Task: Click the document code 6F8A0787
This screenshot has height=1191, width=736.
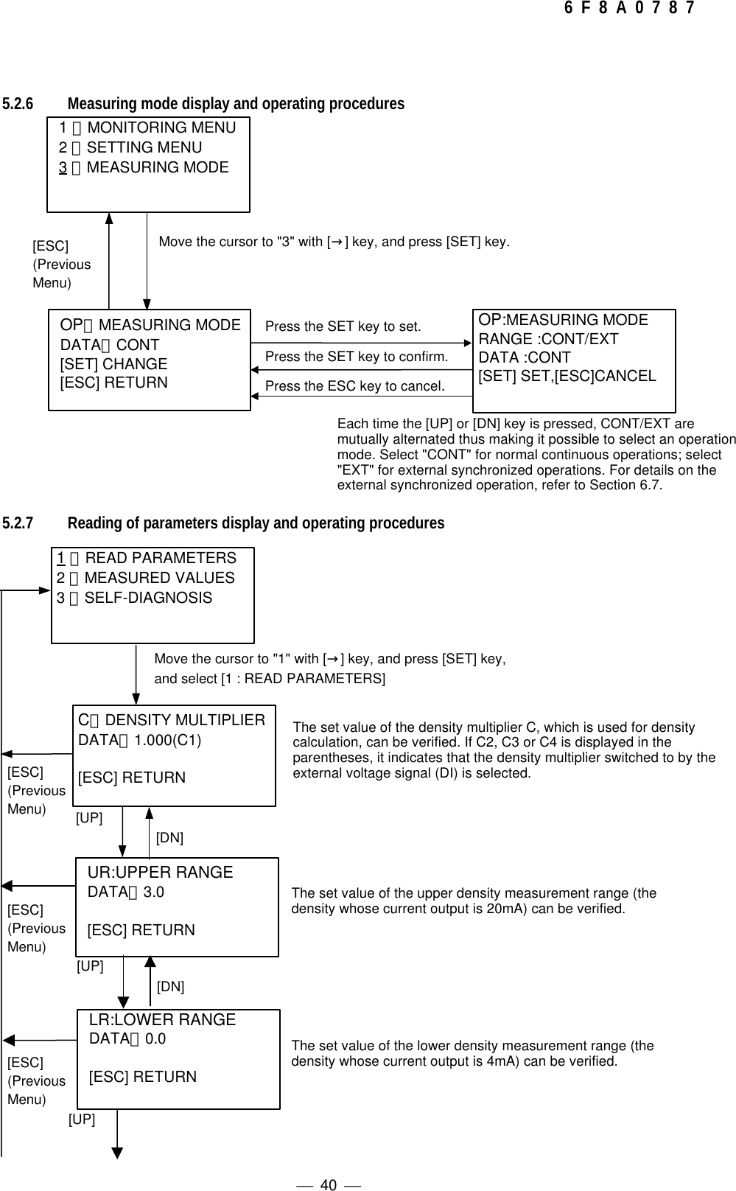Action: click(628, 9)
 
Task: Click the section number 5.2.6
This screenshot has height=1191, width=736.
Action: click(18, 104)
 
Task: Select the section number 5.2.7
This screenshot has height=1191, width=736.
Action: click(18, 523)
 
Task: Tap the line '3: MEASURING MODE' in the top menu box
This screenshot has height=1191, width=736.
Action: click(144, 167)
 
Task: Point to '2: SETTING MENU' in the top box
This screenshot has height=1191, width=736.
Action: click(130, 147)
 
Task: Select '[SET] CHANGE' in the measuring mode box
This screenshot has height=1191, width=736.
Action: click(113, 364)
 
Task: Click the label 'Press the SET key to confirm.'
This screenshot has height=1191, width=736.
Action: click(357, 357)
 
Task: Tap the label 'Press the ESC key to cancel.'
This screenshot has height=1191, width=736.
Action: click(354, 386)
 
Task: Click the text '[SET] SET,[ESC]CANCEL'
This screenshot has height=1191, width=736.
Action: click(567, 376)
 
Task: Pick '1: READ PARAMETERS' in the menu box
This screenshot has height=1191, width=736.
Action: click(147, 558)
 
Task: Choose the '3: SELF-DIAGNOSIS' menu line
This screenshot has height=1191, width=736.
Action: click(135, 598)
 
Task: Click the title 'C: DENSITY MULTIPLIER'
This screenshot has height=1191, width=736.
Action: click(172, 720)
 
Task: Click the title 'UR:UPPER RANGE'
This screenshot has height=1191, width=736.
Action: click(160, 873)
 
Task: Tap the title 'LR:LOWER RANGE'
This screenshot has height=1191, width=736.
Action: click(162, 1020)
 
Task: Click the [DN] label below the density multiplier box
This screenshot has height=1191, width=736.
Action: click(169, 838)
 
